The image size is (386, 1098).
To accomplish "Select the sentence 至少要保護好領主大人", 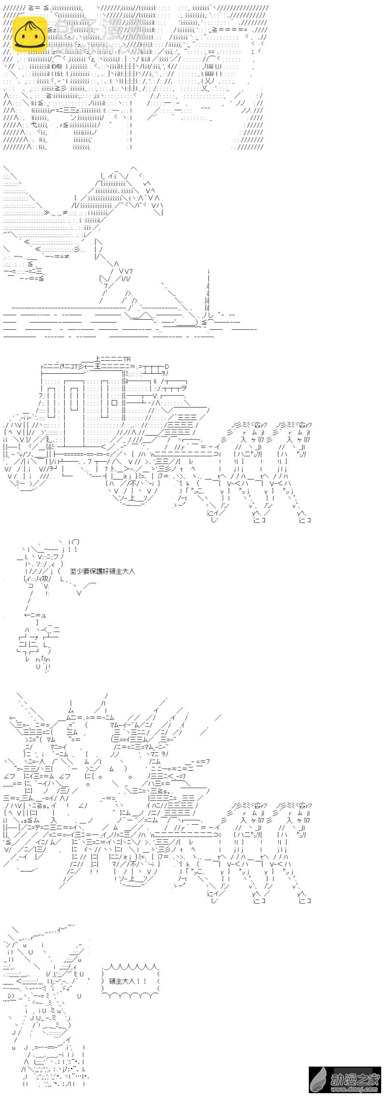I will [102, 571].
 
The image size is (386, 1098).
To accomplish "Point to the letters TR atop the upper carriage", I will [126, 359].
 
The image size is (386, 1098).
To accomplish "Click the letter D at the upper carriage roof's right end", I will [167, 366].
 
